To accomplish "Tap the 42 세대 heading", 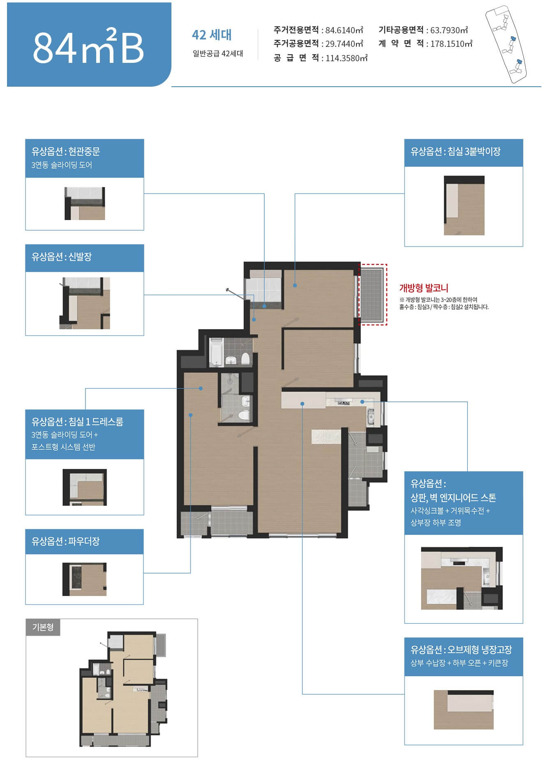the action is tap(212, 35).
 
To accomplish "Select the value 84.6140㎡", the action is tap(344, 30).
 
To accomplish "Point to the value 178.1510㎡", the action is tap(451, 44).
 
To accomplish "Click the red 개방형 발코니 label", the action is tap(424, 288).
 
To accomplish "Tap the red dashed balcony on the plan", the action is tap(373, 295).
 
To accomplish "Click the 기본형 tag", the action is tap(43, 627).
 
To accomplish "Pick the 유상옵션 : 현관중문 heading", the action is tap(66, 152).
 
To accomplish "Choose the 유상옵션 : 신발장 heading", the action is tap(62, 257).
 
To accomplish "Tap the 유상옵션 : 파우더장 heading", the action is tap(66, 541).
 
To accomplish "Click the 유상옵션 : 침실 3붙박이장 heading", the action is tap(455, 152).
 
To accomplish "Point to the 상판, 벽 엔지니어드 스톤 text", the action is tap(453, 498).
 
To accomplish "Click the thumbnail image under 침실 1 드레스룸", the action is tap(85, 487).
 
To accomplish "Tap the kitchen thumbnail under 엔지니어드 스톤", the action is tap(462, 578).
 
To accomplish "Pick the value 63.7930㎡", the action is tap(449, 30).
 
